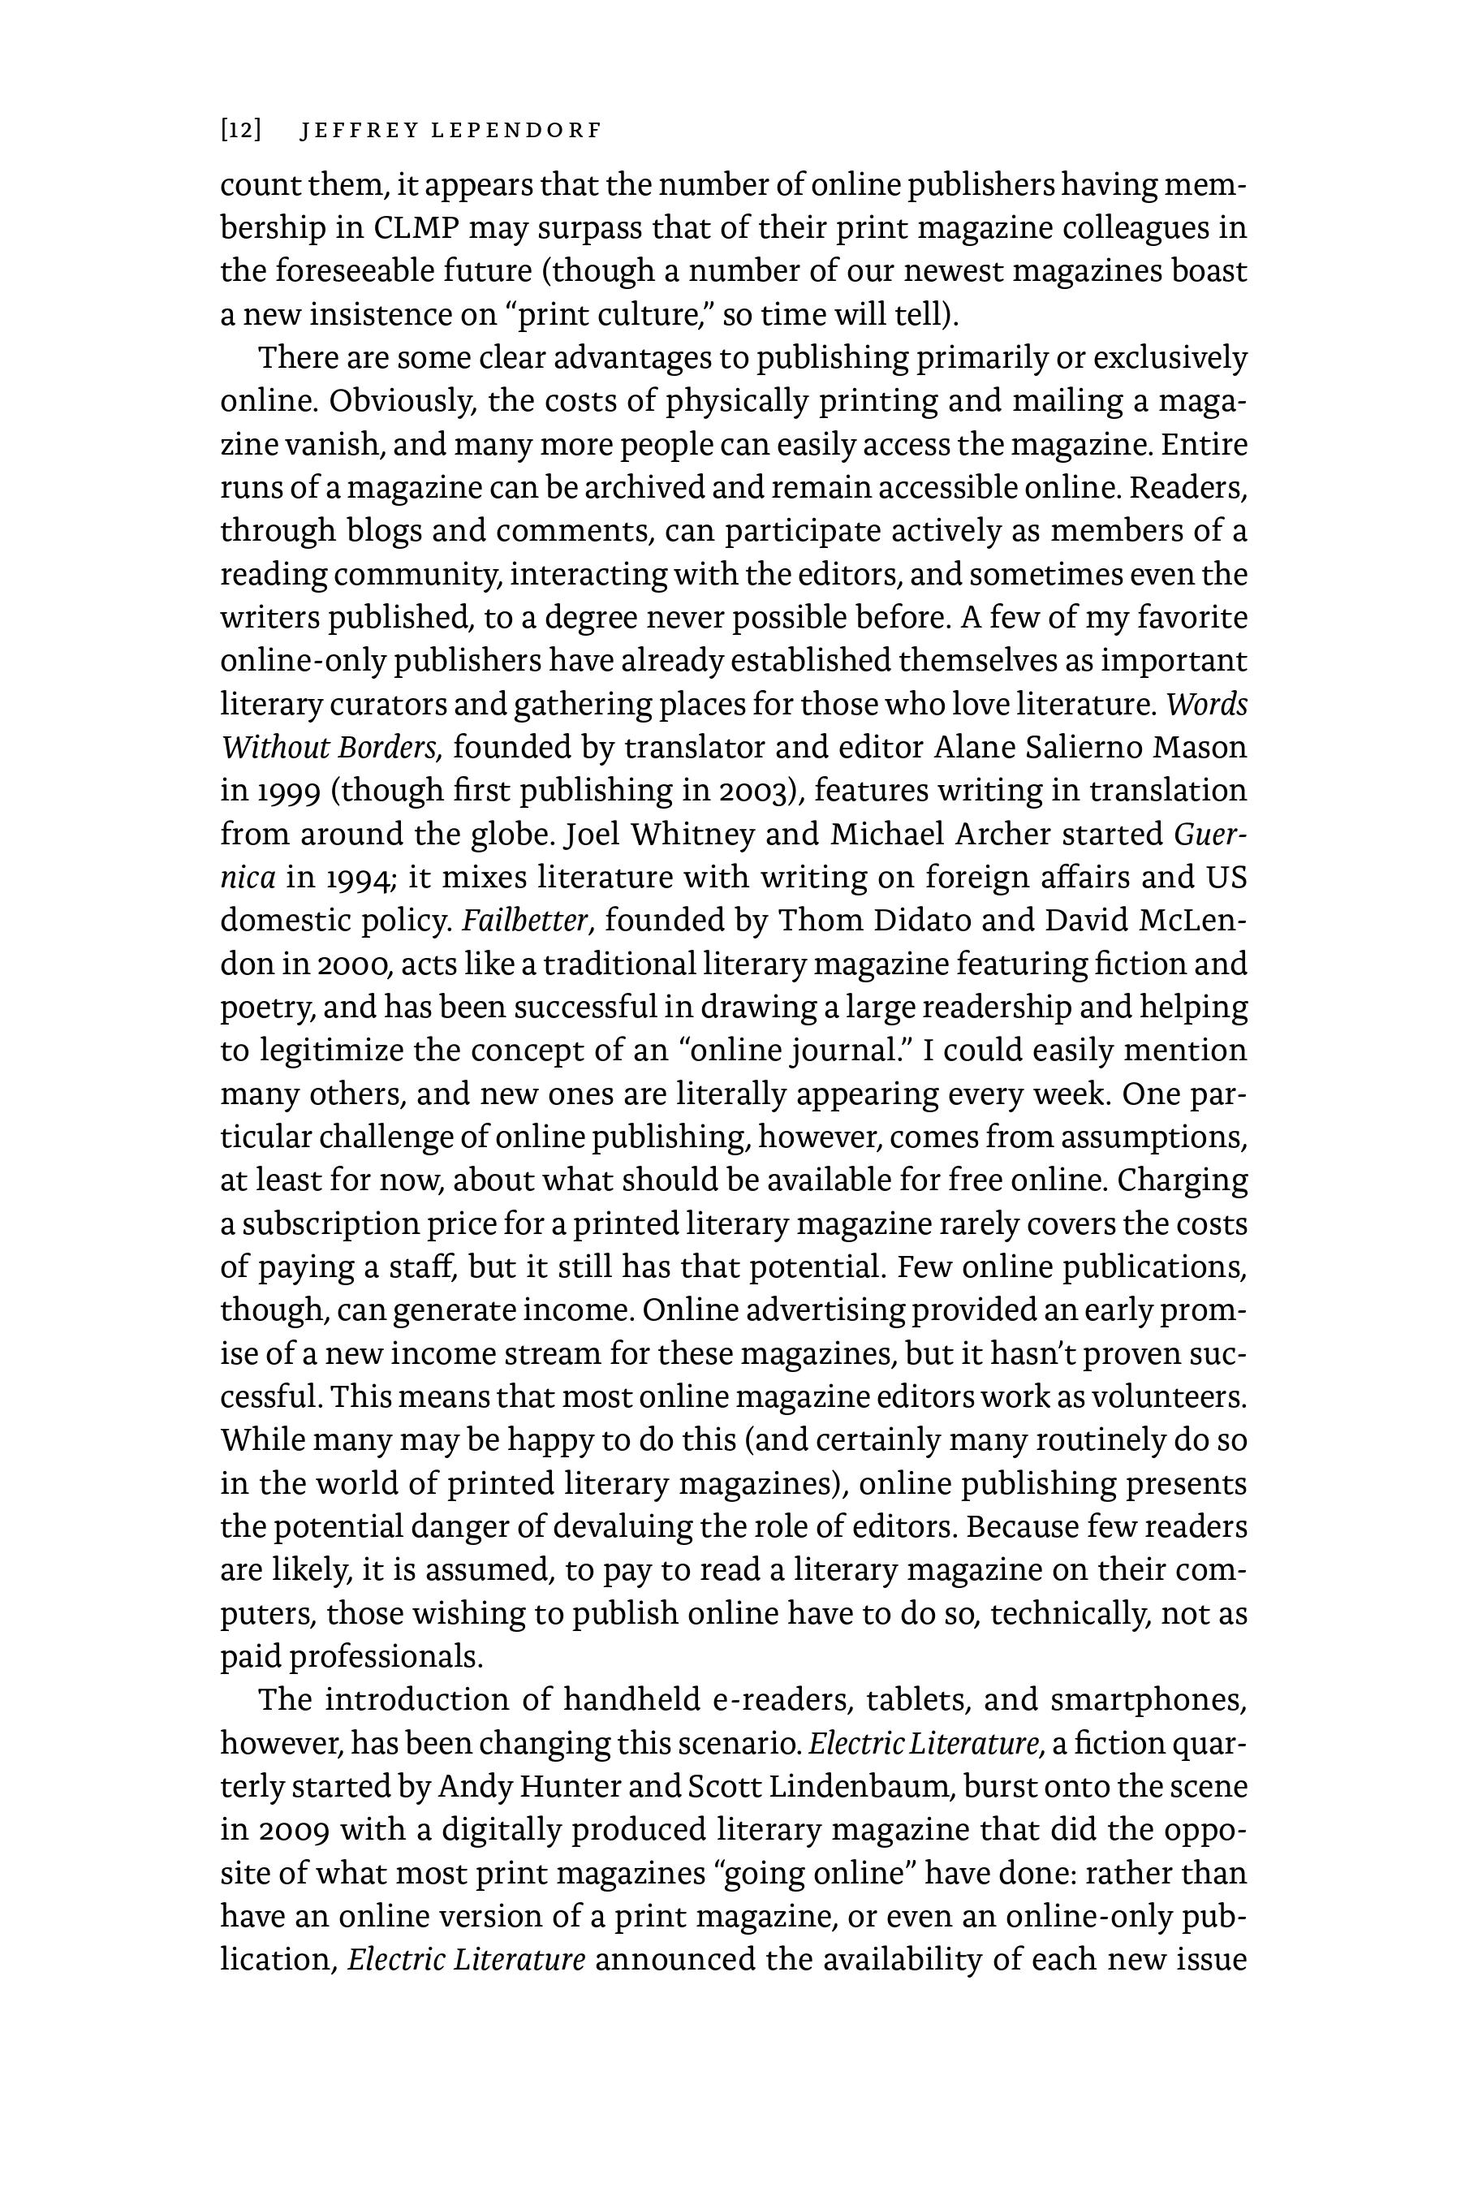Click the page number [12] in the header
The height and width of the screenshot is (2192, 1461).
click(240, 131)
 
